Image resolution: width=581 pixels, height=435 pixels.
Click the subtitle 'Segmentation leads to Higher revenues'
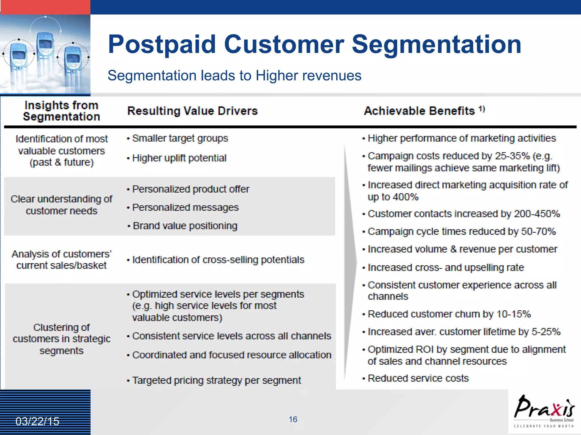pos(234,76)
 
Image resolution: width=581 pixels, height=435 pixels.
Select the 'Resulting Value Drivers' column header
pos(192,111)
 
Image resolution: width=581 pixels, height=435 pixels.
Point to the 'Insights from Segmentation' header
pos(61,111)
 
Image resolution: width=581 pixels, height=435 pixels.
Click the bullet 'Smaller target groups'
pos(180,138)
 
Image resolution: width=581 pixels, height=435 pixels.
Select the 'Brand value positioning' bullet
pos(185,226)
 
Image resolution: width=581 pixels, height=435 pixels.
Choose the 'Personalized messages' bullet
pos(186,207)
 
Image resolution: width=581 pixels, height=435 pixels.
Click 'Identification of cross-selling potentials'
pos(218,260)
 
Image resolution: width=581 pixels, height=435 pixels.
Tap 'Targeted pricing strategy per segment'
pos(216,380)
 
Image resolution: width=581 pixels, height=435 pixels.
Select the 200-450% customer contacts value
pos(537,214)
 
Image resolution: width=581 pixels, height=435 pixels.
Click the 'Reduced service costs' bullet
pos(418,378)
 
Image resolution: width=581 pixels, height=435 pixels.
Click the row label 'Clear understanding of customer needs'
pos(61,205)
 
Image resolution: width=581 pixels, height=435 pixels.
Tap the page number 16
pos(293,419)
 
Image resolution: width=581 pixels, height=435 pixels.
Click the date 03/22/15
pos(37,421)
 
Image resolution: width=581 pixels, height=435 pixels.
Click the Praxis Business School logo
pos(544,411)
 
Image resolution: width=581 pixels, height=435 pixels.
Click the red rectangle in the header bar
pos(45,7)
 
